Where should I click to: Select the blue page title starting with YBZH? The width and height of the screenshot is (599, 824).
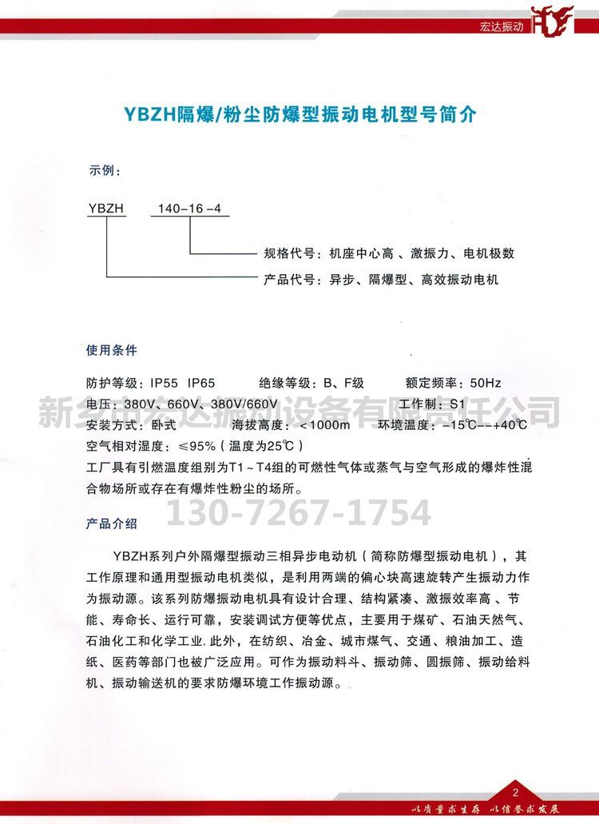pos(299,114)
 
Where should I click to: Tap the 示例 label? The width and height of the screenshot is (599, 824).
pos(104,171)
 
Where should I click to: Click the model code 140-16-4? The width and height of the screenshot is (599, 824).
pos(189,210)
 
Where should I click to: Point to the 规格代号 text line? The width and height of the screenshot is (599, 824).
pos(388,253)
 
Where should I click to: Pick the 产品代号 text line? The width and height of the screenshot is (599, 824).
pos(380,280)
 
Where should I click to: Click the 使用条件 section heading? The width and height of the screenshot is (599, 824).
pos(111,350)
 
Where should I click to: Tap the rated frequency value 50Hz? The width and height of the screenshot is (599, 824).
pos(486,383)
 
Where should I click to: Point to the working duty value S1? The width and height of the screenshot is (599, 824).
pos(456,404)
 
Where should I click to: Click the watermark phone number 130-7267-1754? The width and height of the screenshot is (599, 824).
pos(298,512)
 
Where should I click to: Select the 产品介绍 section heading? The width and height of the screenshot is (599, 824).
pos(111,523)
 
